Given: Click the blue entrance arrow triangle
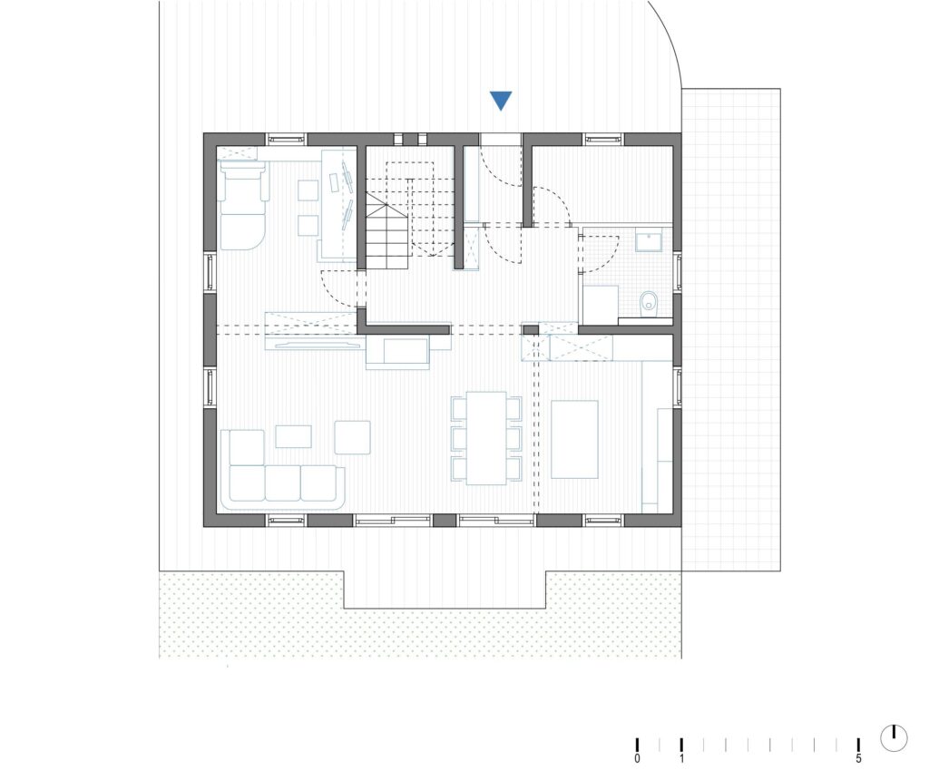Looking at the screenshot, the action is [x=501, y=101].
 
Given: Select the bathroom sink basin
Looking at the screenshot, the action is [x=649, y=241].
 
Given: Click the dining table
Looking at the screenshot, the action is [x=486, y=438].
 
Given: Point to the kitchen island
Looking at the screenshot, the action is [x=574, y=439].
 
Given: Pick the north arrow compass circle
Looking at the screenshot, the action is [x=894, y=737].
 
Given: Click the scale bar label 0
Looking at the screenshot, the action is [x=637, y=759].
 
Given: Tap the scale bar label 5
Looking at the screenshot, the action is [x=858, y=759].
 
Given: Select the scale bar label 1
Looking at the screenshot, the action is [x=681, y=759].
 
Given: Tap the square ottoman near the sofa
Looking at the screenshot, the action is [x=353, y=437].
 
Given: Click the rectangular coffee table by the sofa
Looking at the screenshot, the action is [x=294, y=436].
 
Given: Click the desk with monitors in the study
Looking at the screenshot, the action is [x=338, y=204].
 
